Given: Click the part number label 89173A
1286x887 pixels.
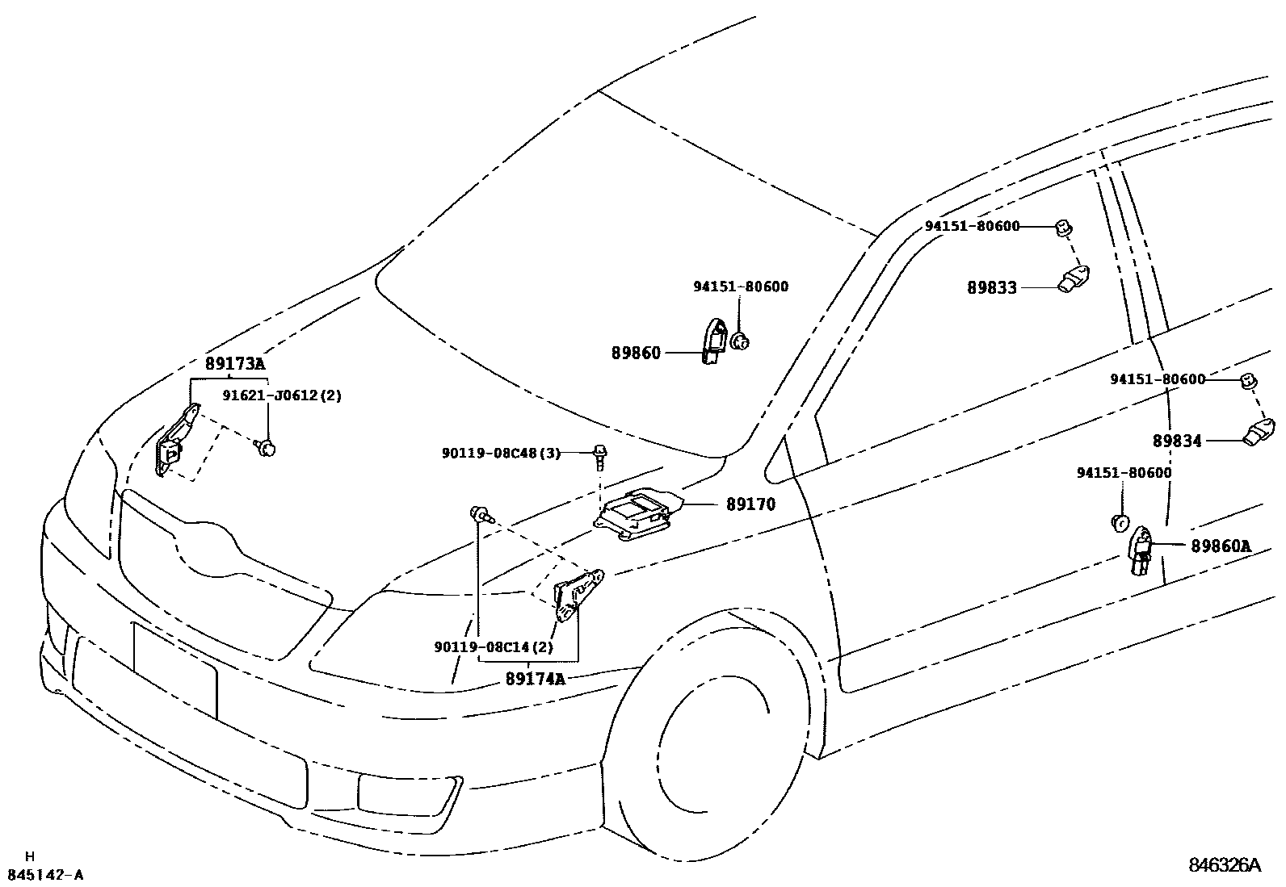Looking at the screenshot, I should (x=235, y=364).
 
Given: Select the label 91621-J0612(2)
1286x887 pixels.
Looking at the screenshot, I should (x=282, y=395).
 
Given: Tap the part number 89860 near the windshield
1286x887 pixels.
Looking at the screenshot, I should (x=636, y=353).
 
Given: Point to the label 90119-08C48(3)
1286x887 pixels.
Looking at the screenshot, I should (x=501, y=453).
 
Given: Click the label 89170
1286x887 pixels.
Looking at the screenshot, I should (x=750, y=504).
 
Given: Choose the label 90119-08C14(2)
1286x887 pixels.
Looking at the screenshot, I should (x=494, y=646).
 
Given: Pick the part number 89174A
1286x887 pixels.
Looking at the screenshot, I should (x=535, y=679).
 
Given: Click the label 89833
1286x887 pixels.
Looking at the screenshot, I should (x=992, y=287).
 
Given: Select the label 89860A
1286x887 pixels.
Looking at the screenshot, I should (x=1221, y=546).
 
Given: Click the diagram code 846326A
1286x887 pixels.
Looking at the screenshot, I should (x=1224, y=866).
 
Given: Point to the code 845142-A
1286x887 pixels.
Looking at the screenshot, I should (x=45, y=875).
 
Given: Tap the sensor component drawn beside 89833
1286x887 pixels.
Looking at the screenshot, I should (x=1074, y=279).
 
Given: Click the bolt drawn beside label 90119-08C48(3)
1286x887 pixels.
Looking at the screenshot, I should (x=599, y=455).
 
